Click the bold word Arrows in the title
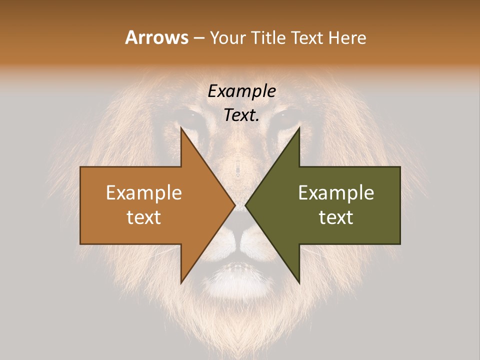[x=156, y=38]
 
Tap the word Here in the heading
[x=348, y=38]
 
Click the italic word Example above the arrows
[x=241, y=91]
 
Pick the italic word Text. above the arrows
[x=241, y=115]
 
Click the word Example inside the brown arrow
[x=144, y=193]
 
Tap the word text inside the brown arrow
[x=144, y=217]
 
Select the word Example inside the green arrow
[x=336, y=193]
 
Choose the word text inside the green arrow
[x=336, y=217]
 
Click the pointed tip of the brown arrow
[x=234, y=205]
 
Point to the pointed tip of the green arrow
[x=246, y=205]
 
